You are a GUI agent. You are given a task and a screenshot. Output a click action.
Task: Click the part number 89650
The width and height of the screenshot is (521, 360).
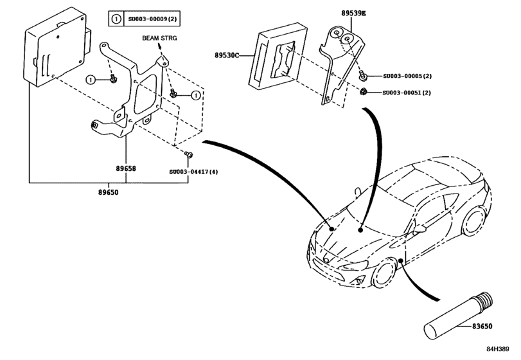click(x=108, y=192)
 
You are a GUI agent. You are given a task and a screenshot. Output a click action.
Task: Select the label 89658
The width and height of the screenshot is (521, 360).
click(x=126, y=168)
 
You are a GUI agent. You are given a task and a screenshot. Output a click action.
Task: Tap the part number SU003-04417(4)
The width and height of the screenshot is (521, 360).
click(x=193, y=172)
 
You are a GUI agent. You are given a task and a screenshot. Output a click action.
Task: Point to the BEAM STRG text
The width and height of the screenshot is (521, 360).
click(x=159, y=38)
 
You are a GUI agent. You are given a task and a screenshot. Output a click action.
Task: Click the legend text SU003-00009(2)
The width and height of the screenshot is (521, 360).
click(x=152, y=19)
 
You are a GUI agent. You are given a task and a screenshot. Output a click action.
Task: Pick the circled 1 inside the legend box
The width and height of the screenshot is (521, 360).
click(x=116, y=19)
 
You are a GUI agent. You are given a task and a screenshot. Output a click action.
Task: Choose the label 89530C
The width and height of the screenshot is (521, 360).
click(x=227, y=55)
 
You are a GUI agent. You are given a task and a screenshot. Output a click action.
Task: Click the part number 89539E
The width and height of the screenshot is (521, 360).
click(x=353, y=14)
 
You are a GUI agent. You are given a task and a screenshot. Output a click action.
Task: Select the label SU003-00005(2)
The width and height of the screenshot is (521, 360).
click(x=407, y=76)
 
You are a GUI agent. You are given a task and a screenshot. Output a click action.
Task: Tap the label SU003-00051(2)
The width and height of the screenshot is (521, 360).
click(x=407, y=93)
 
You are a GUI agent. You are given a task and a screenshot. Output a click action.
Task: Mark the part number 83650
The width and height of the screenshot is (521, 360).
click(x=482, y=326)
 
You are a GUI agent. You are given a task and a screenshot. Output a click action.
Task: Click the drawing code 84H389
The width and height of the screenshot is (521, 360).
click(x=498, y=349)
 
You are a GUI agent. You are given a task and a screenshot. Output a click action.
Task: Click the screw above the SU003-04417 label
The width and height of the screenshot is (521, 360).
click(x=188, y=154)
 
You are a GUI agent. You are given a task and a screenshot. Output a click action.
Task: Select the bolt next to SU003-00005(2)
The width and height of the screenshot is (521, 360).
click(x=362, y=76)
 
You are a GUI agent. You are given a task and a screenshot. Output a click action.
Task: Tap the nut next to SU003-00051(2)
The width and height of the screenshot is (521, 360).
click(x=363, y=91)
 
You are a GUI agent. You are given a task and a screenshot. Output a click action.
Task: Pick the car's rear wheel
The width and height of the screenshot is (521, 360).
click(x=475, y=221)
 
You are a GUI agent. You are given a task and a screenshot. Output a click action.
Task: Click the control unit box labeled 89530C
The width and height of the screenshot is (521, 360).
click(x=278, y=57)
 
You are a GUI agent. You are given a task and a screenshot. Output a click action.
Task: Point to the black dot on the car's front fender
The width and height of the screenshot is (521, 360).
click(x=401, y=260)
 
